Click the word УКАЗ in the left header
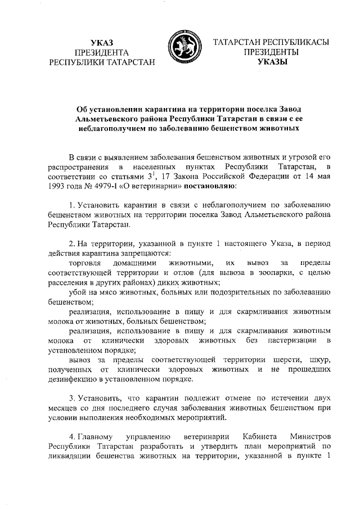pos(102,42)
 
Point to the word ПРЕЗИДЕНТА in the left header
pos(102,52)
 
